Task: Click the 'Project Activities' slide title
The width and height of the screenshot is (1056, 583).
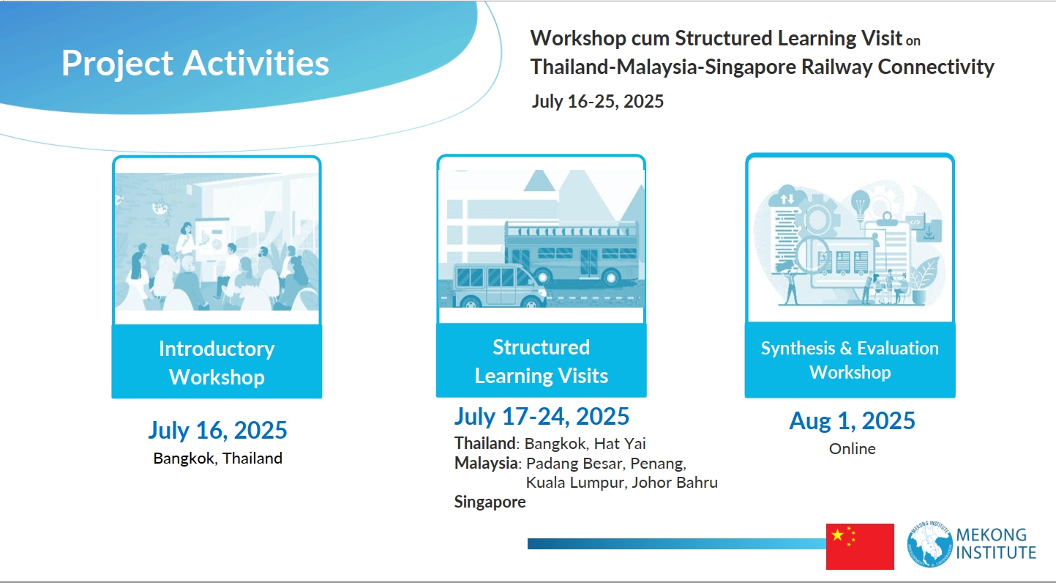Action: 195,63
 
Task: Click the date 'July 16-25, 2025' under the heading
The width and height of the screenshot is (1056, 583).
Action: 598,101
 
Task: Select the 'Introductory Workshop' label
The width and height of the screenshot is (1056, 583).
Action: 217,363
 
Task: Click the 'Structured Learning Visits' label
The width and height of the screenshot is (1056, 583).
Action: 542,361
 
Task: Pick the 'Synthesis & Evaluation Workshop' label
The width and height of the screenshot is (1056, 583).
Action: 850,360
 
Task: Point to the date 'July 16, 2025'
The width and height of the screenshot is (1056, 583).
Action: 218,430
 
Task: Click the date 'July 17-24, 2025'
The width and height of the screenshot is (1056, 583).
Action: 542,416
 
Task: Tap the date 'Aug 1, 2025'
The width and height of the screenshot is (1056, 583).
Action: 853,420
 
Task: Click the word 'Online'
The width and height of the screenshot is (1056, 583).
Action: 853,448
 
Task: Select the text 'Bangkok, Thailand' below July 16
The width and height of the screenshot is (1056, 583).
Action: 218,458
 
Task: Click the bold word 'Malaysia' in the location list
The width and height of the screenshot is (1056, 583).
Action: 486,463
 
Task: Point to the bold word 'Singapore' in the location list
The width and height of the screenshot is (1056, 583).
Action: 490,502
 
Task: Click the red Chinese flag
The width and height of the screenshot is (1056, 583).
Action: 860,546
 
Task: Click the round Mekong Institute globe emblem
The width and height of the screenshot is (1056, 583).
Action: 930,544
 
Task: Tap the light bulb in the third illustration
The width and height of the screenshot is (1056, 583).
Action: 861,204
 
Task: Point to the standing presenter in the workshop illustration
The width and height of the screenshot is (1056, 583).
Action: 186,239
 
